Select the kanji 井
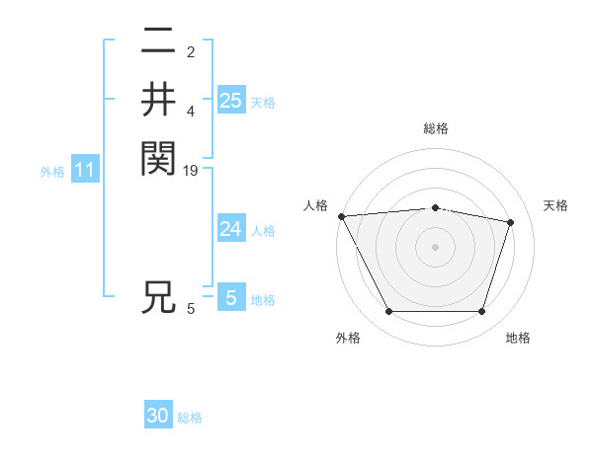(158, 100)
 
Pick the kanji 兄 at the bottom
(158, 297)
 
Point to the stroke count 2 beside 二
(191, 51)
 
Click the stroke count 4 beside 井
(191, 112)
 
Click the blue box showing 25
(230, 100)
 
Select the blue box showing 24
(230, 229)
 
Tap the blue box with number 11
(85, 171)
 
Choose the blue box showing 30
(158, 416)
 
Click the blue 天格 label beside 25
(263, 102)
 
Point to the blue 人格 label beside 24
(263, 231)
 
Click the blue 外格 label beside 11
(52, 172)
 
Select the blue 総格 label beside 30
(190, 418)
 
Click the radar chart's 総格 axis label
(436, 128)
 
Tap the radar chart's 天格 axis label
(556, 205)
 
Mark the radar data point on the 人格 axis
(342, 216)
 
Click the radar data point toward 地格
(482, 312)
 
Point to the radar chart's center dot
(436, 247)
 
